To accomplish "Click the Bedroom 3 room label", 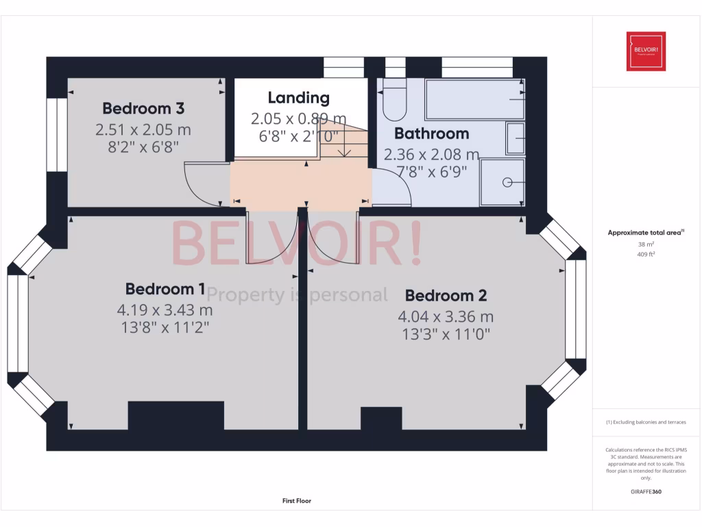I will [143, 108].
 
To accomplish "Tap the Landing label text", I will [298, 98].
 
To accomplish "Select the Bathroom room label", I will [431, 133].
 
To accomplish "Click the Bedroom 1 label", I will [165, 289].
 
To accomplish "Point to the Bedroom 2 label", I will [446, 296].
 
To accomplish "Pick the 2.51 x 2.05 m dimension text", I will [143, 129].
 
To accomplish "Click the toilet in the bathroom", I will [394, 100].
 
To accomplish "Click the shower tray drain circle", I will [507, 183].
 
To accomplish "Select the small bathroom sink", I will [516, 138].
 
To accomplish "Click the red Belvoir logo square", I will [646, 51].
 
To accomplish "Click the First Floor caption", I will [297, 501].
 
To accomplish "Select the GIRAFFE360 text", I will [645, 492].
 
